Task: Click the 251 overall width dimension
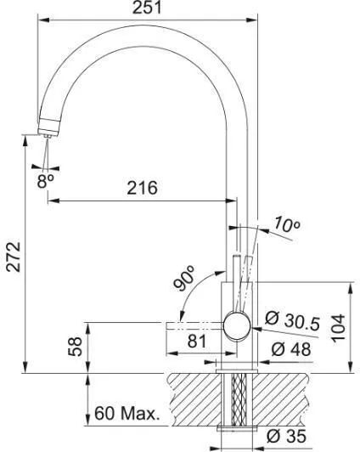pyautogui.click(x=147, y=8)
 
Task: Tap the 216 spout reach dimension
pyautogui.click(x=143, y=188)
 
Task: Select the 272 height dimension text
pyautogui.click(x=14, y=257)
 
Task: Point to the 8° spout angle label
pyautogui.click(x=45, y=181)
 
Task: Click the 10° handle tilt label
pyautogui.click(x=287, y=225)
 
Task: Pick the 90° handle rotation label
pyautogui.click(x=184, y=278)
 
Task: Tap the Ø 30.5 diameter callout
pyautogui.click(x=292, y=320)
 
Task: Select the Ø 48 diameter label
pyautogui.click(x=291, y=349)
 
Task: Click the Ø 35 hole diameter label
pyautogui.click(x=286, y=436)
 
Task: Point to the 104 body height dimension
pyautogui.click(x=338, y=328)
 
